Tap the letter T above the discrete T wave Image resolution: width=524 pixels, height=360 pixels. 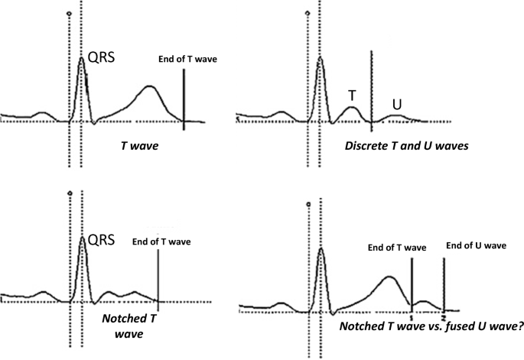352,95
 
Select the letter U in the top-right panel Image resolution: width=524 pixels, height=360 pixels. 396,102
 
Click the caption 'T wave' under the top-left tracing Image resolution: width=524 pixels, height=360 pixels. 138,144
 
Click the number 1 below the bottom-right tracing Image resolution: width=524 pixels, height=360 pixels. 412,315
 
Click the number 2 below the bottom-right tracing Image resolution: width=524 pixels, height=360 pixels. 444,315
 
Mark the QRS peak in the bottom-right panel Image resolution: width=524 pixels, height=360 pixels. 322,248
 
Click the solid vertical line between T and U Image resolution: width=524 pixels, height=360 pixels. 371,84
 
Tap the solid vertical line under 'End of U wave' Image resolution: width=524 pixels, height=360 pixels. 444,283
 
